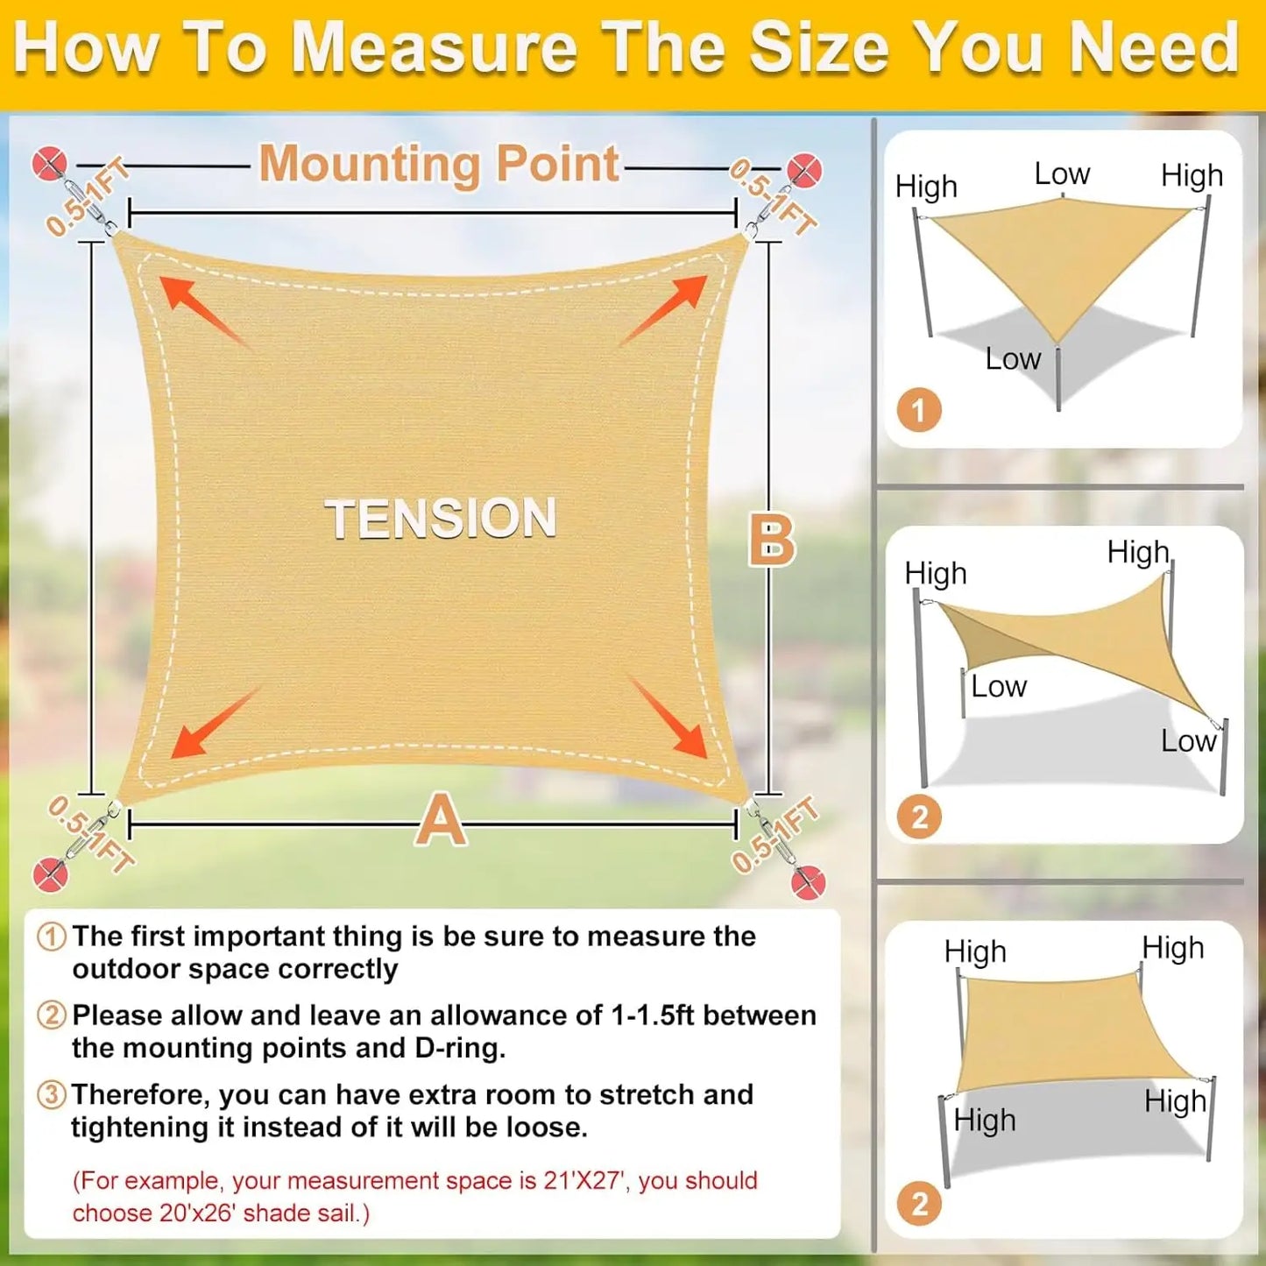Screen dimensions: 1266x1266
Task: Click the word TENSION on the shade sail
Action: (x=441, y=518)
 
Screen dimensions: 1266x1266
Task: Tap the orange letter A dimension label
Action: (x=440, y=821)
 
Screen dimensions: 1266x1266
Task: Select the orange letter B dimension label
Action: (x=772, y=541)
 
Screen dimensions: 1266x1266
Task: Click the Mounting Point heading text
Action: (x=439, y=164)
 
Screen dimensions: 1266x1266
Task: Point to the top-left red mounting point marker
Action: (x=49, y=164)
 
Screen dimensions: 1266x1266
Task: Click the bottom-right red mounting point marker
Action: (x=808, y=881)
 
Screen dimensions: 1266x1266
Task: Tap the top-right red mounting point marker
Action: (x=803, y=170)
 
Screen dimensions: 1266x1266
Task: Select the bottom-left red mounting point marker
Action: (x=50, y=874)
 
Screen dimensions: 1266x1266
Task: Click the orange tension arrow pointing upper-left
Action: (x=203, y=312)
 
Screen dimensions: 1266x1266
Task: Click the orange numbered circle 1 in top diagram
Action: (x=919, y=410)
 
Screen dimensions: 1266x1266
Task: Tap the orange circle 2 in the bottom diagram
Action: (x=919, y=1204)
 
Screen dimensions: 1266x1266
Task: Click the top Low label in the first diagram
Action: (x=1062, y=173)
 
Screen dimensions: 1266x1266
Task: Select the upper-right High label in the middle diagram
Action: (x=1138, y=552)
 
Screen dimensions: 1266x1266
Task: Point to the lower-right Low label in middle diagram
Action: (x=1188, y=741)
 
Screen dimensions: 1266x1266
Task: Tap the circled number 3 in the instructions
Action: (x=52, y=1094)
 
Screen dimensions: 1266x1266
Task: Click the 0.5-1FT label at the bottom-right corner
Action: (x=775, y=835)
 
